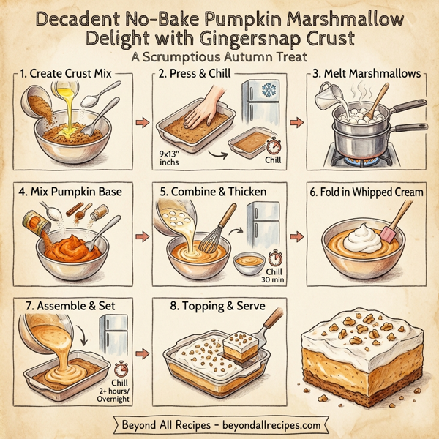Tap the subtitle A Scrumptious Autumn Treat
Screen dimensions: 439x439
[x=219, y=57]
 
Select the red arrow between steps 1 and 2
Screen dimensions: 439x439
[x=143, y=121]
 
